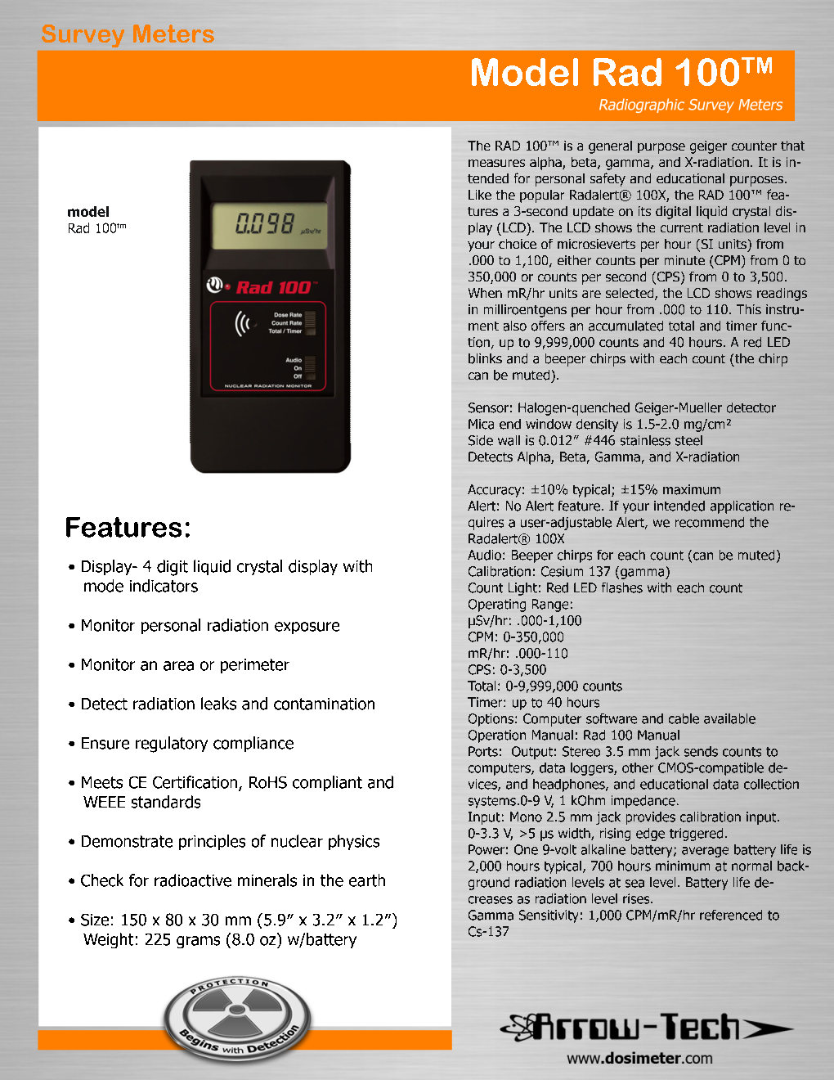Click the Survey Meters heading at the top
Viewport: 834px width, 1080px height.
click(128, 34)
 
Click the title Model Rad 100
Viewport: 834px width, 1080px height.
click(621, 73)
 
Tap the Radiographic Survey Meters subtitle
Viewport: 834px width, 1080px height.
click(690, 105)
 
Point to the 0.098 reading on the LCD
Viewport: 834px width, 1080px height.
click(265, 223)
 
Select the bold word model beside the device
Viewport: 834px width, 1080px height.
click(88, 212)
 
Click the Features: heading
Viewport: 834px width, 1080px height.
click(128, 528)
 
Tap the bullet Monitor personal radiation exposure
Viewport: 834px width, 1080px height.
click(210, 626)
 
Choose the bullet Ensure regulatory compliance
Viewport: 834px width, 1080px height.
click(187, 744)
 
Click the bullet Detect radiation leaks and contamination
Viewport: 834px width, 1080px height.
click(227, 704)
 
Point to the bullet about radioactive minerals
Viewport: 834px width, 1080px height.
click(233, 881)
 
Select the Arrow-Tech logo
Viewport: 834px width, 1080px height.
click(646, 1027)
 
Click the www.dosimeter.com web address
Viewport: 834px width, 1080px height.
click(639, 1058)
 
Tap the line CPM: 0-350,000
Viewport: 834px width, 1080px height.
click(516, 637)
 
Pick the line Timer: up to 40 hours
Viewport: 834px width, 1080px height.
click(534, 703)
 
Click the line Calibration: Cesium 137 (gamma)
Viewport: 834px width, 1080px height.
click(569, 572)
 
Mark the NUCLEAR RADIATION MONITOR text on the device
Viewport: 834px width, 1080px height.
click(268, 386)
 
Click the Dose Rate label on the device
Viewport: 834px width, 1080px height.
click(288, 315)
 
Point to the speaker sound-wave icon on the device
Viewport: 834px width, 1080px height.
click(243, 324)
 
